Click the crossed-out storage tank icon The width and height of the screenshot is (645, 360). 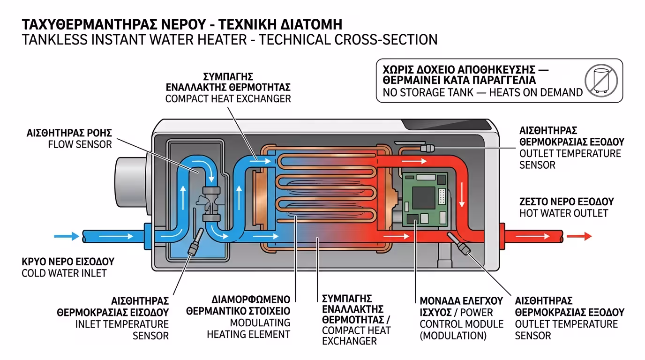click(601, 81)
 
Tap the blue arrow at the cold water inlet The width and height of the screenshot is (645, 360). click(67, 236)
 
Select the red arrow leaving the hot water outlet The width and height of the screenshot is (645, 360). click(579, 236)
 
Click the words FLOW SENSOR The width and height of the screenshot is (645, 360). click(80, 144)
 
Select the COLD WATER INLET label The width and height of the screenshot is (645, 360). click(64, 273)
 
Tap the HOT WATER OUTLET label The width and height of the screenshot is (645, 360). click(563, 213)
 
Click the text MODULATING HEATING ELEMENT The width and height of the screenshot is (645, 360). click(248, 329)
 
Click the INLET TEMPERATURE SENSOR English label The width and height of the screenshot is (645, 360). click(122, 330)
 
